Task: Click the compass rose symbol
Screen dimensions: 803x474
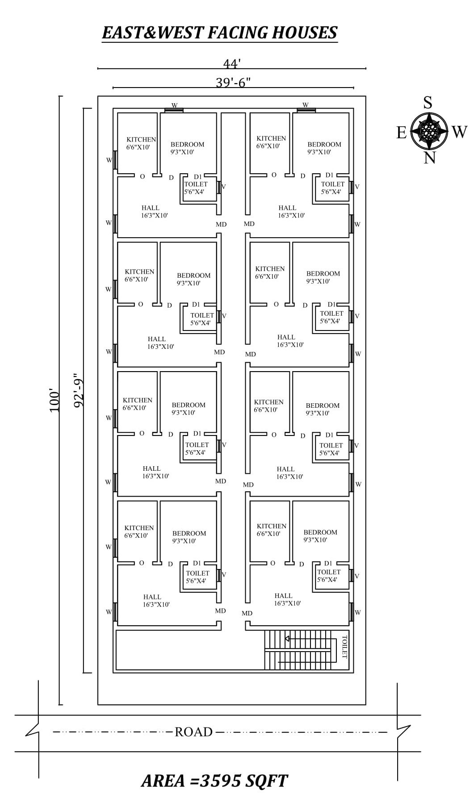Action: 429,131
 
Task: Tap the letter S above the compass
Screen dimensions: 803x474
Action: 428,103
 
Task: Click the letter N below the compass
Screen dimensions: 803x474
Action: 429,158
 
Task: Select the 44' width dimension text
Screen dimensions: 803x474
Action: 232,64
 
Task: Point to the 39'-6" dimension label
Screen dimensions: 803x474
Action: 233,83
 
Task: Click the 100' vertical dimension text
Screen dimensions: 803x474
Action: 54,400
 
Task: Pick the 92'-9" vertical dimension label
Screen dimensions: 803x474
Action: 79,390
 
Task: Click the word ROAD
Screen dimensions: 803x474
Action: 193,732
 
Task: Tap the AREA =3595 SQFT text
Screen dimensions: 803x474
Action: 214,781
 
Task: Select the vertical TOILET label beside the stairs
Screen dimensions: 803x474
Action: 344,647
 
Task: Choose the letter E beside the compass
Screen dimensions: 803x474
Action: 401,133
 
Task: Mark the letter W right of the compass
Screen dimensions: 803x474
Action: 459,132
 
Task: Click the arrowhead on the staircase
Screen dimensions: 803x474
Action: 287,639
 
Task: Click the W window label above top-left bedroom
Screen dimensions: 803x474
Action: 174,105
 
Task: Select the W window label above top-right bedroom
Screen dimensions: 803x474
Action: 305,105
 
